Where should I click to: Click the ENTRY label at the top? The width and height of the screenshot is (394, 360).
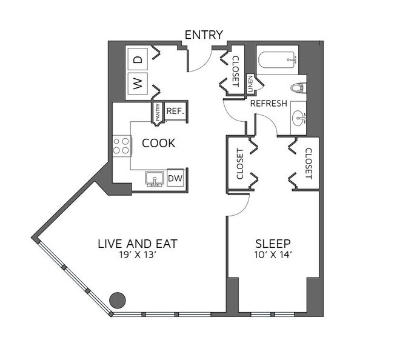coord(204,35)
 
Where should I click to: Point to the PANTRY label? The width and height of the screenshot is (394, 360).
coord(158,113)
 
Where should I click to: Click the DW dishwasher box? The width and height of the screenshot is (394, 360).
coord(175,178)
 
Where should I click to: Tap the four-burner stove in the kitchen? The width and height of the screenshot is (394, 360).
coord(121,145)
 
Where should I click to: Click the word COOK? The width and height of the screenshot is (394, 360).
coord(158,144)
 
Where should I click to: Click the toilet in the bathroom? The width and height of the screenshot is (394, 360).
coord(297,88)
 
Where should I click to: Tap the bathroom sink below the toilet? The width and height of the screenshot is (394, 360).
coord(298,117)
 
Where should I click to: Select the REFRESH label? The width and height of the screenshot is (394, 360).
coord(269,104)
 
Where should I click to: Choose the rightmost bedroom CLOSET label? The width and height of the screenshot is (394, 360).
coord(308,164)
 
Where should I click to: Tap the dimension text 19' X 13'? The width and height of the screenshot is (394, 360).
coord(138,255)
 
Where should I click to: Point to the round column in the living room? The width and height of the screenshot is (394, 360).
coord(117,299)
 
